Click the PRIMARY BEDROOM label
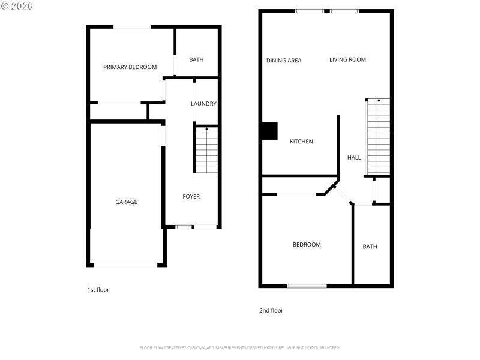click(x=130, y=67)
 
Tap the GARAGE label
click(x=126, y=202)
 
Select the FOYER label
click(x=191, y=197)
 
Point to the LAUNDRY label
click(x=203, y=104)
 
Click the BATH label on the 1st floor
click(x=196, y=60)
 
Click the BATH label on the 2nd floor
click(x=370, y=247)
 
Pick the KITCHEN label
click(x=301, y=142)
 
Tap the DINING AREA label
click(x=284, y=61)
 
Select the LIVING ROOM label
click(x=347, y=59)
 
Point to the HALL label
click(x=354, y=158)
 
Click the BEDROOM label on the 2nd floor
click(x=307, y=245)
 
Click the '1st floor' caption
click(x=98, y=290)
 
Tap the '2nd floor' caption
click(x=271, y=311)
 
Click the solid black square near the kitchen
click(x=269, y=131)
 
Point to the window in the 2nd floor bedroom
click(x=307, y=286)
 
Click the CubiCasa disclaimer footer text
click(x=240, y=348)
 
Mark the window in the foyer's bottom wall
click(x=184, y=227)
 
